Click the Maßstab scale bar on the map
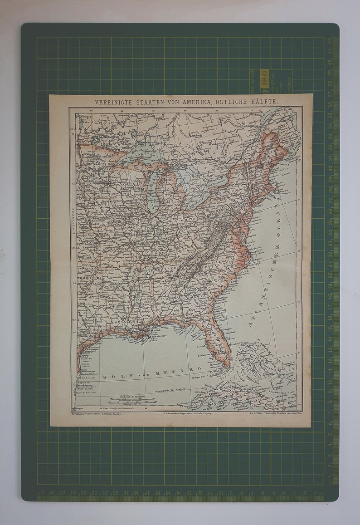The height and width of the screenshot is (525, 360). tap(131, 401)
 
